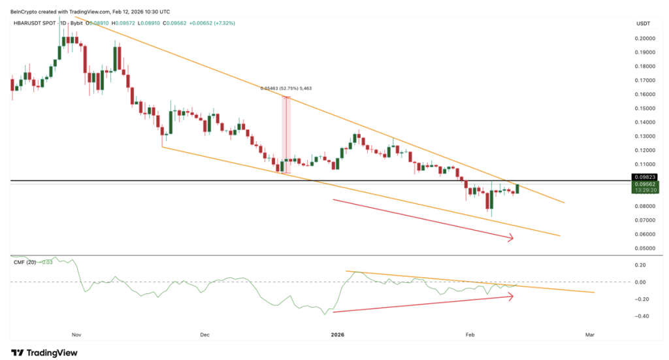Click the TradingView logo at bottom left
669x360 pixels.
point(44,352)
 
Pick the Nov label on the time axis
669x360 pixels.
point(76,335)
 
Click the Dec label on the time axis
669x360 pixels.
point(204,335)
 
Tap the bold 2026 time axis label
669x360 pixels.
point(338,335)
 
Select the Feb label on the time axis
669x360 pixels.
point(469,335)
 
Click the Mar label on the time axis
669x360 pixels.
point(589,335)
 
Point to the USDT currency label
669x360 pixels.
point(643,24)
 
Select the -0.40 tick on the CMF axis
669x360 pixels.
point(640,316)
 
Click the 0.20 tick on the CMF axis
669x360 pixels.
point(640,265)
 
